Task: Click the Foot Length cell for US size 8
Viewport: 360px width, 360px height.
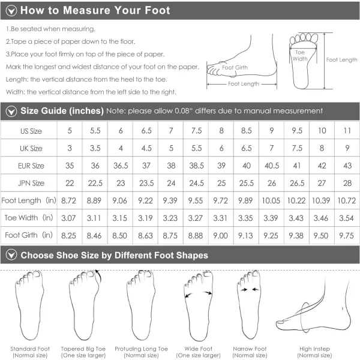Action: coord(220,200)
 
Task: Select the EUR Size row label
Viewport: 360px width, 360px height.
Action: coord(31,166)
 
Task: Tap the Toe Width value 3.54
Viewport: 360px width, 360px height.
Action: coord(346,218)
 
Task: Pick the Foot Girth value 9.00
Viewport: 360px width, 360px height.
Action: coord(220,236)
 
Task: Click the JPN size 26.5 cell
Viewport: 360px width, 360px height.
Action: coord(297,183)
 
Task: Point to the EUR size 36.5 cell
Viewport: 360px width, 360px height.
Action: coord(121,166)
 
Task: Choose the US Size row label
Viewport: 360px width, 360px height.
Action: coord(31,131)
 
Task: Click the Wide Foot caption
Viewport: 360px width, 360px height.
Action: coord(199,352)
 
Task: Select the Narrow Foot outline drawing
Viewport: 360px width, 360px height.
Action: coord(250,305)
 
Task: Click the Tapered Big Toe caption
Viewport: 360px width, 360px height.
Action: coord(83,352)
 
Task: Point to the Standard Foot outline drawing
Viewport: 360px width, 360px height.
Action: coord(29,305)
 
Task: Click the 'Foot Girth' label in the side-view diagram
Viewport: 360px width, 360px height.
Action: coord(235,67)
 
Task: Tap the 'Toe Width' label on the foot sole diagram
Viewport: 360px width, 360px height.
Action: coord(300,56)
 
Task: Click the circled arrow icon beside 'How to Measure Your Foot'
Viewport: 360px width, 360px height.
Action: coord(11,11)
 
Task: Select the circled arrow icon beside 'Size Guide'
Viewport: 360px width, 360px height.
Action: coord(11,112)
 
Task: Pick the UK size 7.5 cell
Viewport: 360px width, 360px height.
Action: coord(297,148)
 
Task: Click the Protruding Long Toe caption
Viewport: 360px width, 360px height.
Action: coord(141,352)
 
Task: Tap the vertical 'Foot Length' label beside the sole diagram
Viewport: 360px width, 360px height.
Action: coord(341,60)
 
